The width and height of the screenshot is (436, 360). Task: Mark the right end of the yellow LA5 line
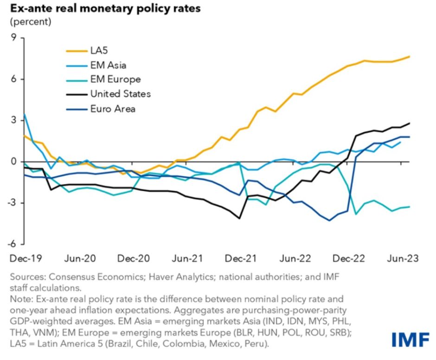pos(409,57)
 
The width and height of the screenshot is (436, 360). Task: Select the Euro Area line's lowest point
pos(329,220)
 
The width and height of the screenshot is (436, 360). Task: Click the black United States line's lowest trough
pos(239,218)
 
